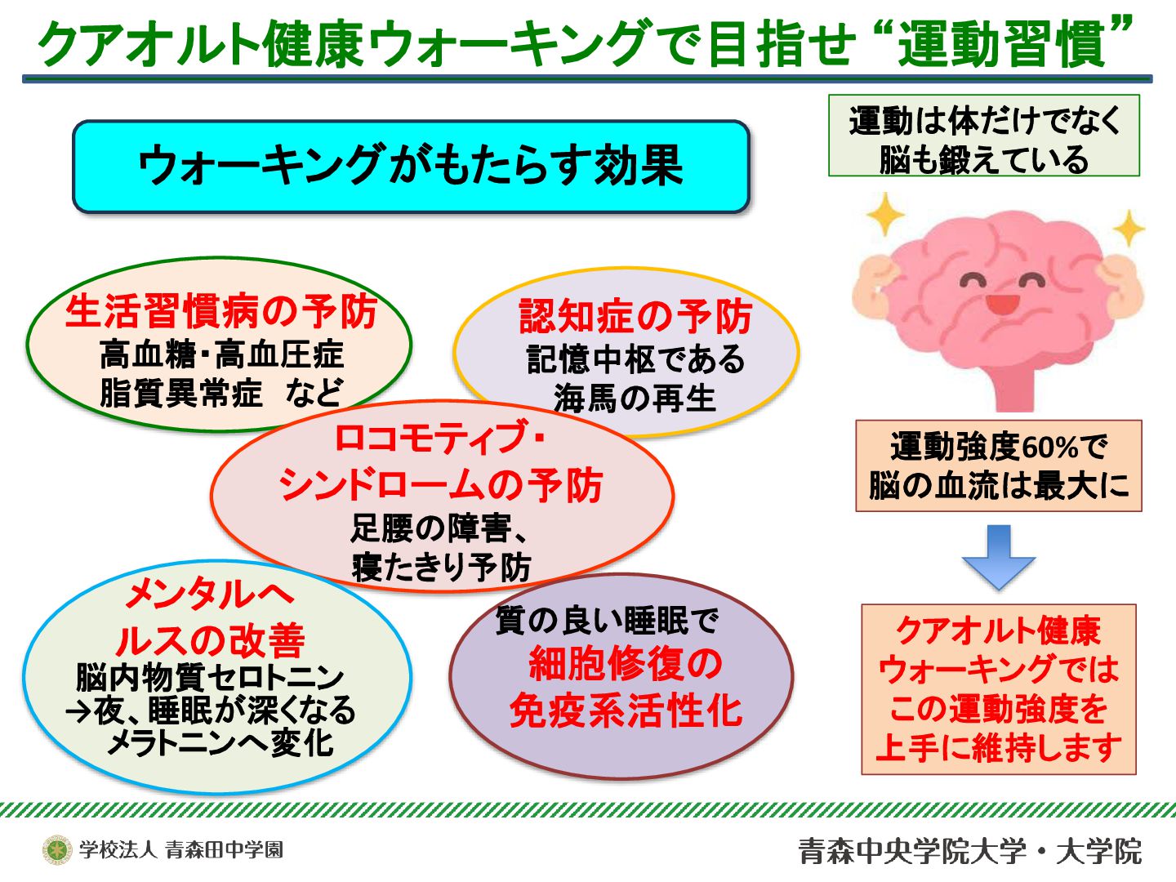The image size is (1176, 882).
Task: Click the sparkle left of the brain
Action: (x=885, y=215)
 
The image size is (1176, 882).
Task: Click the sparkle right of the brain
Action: (x=1129, y=229)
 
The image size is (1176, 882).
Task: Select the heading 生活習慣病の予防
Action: (x=220, y=311)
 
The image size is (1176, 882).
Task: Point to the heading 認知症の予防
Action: (x=635, y=317)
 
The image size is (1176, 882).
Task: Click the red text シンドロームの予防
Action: (x=441, y=485)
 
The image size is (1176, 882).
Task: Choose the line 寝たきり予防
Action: (x=441, y=567)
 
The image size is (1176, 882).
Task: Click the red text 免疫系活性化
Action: (x=626, y=710)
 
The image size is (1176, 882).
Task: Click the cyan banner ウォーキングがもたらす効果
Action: (x=411, y=166)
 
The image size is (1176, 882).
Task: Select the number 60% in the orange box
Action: (x=1050, y=448)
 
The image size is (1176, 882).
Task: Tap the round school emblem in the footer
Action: (x=57, y=849)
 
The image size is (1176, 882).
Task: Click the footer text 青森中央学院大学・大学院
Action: (x=970, y=851)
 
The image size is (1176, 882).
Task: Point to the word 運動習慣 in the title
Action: (x=1003, y=43)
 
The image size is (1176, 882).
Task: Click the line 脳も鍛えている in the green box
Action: (x=983, y=159)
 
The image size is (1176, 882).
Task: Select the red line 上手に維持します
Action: (x=998, y=747)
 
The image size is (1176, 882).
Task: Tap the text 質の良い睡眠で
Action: (x=606, y=621)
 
